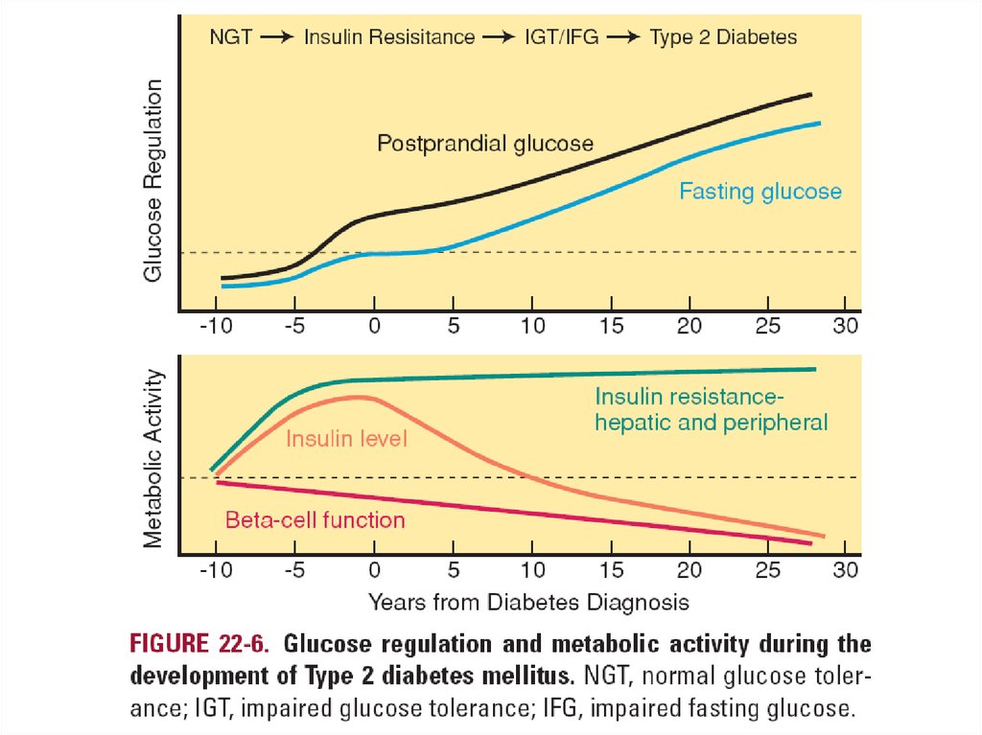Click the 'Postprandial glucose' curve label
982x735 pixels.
tap(485, 144)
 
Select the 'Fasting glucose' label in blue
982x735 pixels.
tap(760, 191)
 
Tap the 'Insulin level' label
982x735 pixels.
tap(347, 439)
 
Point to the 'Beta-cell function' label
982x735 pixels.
tap(315, 520)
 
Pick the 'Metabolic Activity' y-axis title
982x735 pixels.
tap(153, 459)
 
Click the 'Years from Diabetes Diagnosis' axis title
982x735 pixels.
tap(528, 602)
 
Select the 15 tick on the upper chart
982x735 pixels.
tap(611, 326)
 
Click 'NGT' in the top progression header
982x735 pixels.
tap(230, 37)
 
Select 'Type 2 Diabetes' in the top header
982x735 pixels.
tap(723, 37)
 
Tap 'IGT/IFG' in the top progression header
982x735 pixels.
tap(555, 37)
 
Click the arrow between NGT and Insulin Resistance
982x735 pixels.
tap(278, 37)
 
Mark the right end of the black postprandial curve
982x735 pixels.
tap(811, 95)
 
